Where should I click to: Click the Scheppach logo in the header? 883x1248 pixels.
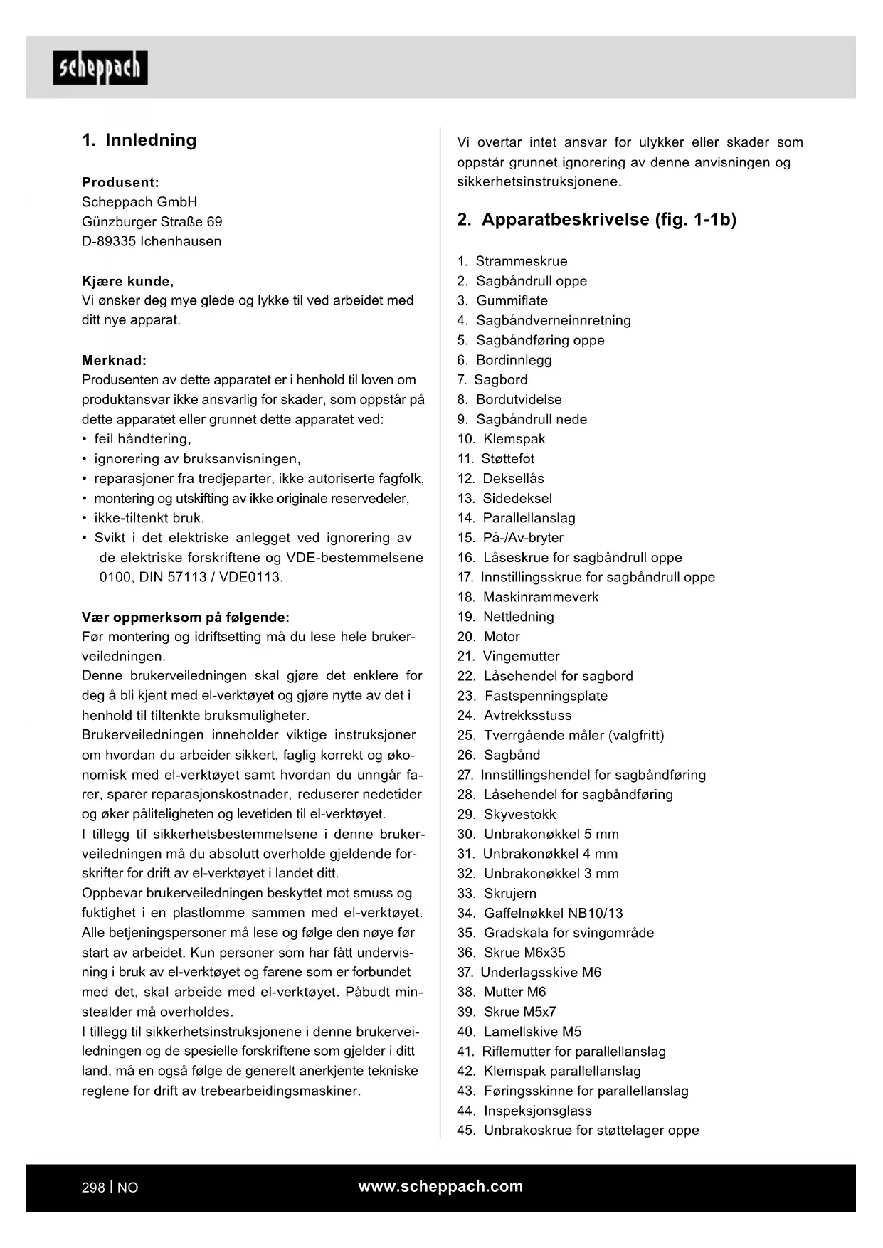(x=100, y=68)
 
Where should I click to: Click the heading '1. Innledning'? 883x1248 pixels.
(x=139, y=140)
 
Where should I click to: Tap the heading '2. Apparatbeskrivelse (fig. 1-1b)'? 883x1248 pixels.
(x=596, y=219)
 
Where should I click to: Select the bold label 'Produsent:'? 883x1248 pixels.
(x=120, y=182)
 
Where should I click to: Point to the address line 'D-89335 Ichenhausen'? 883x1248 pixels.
(x=152, y=241)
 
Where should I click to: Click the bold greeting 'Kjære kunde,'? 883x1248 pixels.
(x=127, y=281)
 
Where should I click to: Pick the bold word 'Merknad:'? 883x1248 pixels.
(x=114, y=360)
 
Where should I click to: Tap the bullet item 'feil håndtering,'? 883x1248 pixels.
(x=142, y=439)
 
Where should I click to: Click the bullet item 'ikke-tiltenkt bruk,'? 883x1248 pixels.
(x=149, y=518)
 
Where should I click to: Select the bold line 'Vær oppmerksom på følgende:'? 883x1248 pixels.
(x=186, y=617)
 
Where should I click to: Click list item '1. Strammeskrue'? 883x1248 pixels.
(x=512, y=261)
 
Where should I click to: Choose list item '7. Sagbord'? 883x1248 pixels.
(x=492, y=380)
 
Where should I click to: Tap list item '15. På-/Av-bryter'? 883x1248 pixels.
(x=510, y=538)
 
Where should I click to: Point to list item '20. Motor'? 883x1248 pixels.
(x=488, y=637)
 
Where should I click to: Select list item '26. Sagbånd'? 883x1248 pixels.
(x=498, y=755)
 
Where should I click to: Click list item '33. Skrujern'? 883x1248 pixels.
(x=497, y=893)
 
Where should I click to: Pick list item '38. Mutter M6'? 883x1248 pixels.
(x=502, y=992)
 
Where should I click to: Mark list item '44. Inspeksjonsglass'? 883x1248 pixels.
(x=524, y=1111)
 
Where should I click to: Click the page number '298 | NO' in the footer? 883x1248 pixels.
(x=110, y=1188)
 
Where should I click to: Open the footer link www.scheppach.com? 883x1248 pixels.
(x=440, y=1186)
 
